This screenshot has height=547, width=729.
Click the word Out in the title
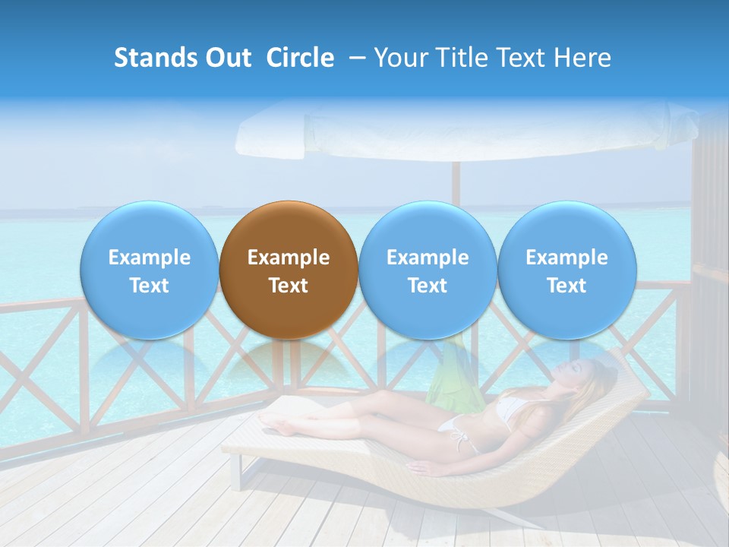[226, 58]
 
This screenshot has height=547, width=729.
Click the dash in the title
[357, 58]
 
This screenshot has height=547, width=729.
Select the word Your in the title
[399, 58]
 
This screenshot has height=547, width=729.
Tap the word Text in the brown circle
[288, 286]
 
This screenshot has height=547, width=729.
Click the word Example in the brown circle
[288, 258]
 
